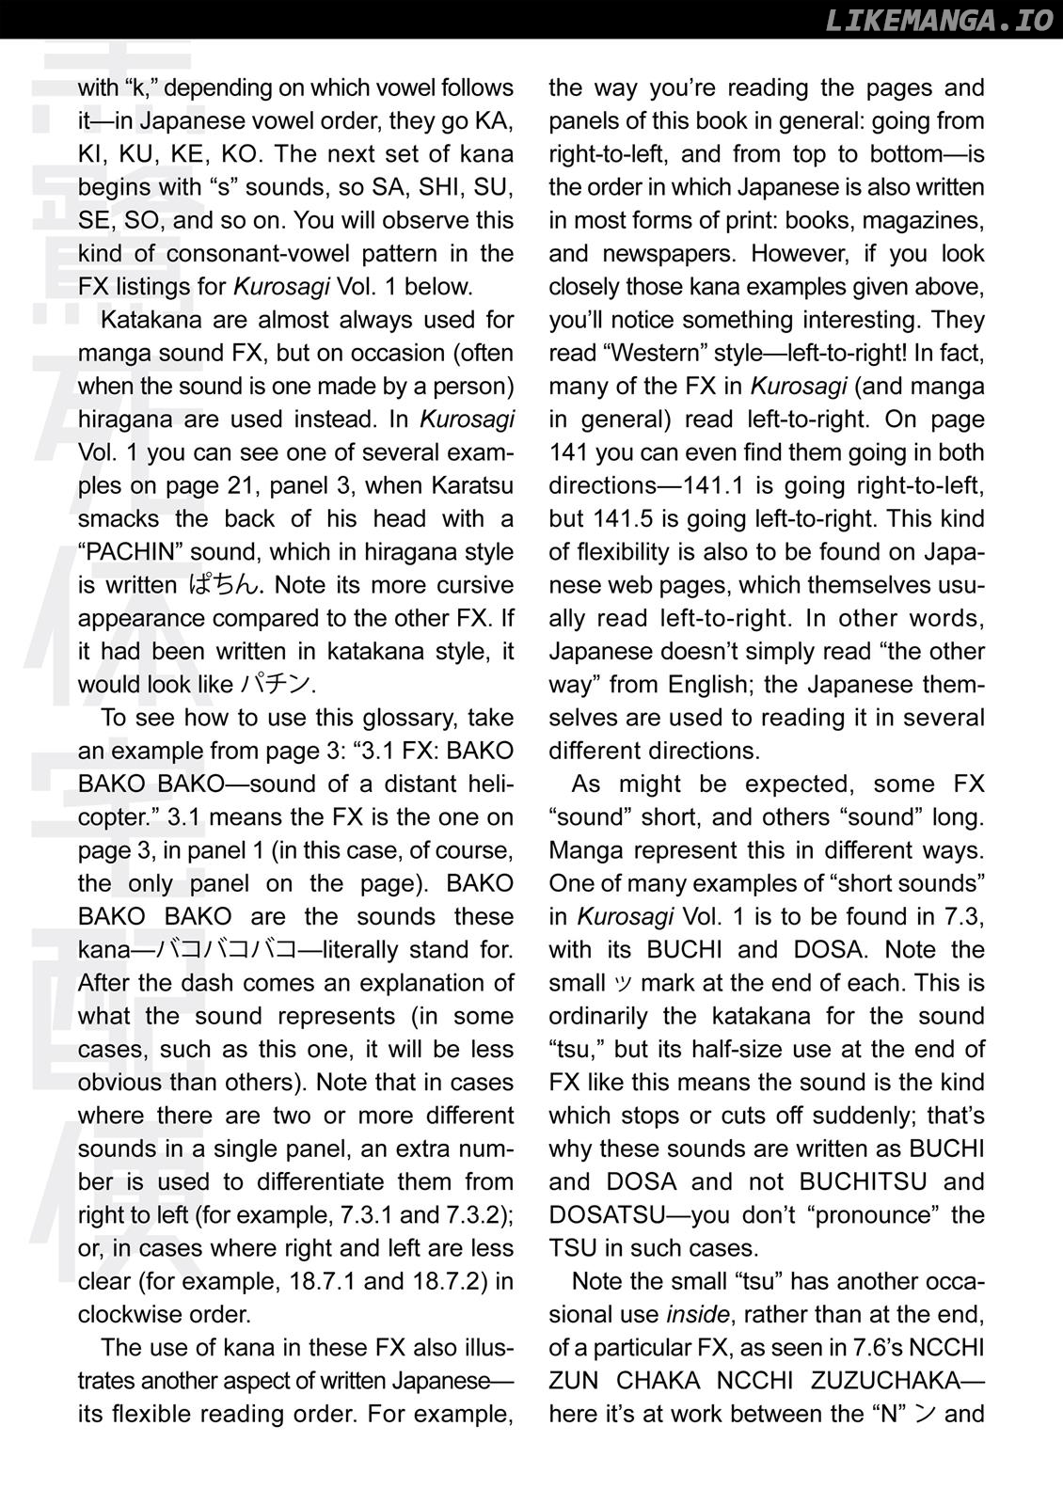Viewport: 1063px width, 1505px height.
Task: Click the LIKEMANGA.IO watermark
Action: tap(938, 21)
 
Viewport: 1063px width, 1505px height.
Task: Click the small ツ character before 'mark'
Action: tap(624, 984)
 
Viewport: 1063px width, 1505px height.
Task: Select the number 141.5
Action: tap(627, 518)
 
